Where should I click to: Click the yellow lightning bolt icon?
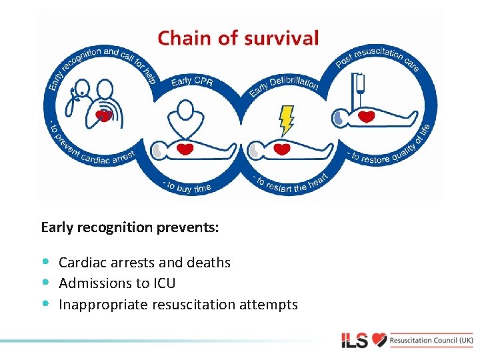[286, 119]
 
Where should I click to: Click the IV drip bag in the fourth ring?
[361, 84]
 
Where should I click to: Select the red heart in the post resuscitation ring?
[367, 117]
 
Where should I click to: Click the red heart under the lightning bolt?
[283, 149]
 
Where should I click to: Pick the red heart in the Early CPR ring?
[185, 149]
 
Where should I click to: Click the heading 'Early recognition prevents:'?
[129, 227]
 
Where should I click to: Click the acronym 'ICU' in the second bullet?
[164, 283]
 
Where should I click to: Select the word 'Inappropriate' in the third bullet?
[103, 305]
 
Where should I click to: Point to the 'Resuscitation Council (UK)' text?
[432, 340]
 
